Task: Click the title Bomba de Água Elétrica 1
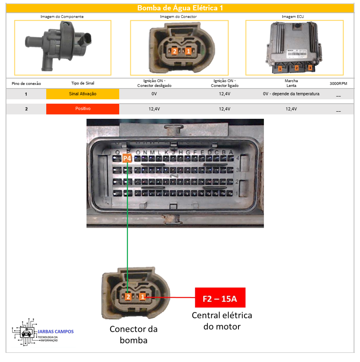pyautogui.click(x=180, y=8)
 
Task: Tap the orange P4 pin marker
pyautogui.click(x=127, y=158)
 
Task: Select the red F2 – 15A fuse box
pyautogui.click(x=220, y=298)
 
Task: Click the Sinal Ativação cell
pyautogui.click(x=83, y=94)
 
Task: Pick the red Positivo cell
pyautogui.click(x=83, y=108)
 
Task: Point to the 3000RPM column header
pyautogui.click(x=338, y=83)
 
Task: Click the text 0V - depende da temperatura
pyautogui.click(x=291, y=94)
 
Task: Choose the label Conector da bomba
pyautogui.click(x=134, y=334)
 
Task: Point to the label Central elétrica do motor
pyautogui.click(x=222, y=321)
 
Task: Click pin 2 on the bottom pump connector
pyautogui.click(x=128, y=297)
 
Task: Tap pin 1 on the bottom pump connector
pyautogui.click(x=143, y=297)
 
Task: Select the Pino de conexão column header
pyautogui.click(x=26, y=83)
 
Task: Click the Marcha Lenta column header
pyautogui.click(x=291, y=83)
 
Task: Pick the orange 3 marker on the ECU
pyautogui.click(x=310, y=68)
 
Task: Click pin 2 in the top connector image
pyautogui.click(x=174, y=51)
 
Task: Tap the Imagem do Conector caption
pyautogui.click(x=178, y=17)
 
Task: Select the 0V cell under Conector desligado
pyautogui.click(x=154, y=94)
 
